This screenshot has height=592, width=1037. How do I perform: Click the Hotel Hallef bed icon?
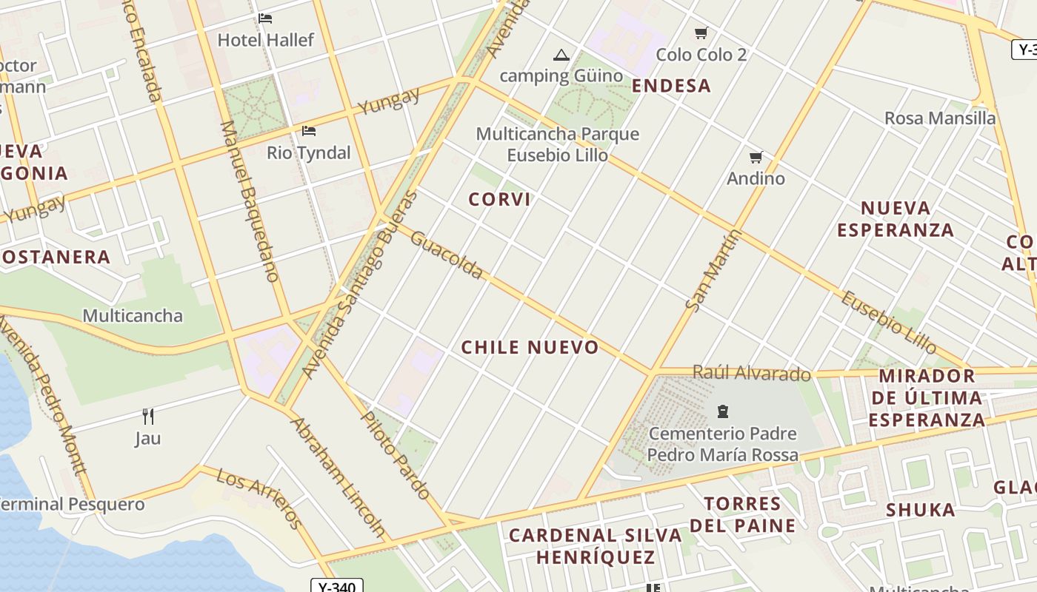(x=265, y=18)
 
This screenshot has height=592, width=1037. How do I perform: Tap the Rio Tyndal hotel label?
(x=309, y=152)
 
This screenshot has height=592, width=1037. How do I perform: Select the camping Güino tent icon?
(x=561, y=54)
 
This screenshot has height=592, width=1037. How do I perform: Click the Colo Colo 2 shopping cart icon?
(x=701, y=33)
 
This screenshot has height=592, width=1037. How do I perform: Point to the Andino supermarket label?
(x=756, y=178)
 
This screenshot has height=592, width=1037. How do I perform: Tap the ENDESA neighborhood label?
(x=671, y=86)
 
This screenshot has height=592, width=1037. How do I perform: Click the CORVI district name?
(x=499, y=199)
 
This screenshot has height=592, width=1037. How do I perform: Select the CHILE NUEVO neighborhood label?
(x=530, y=347)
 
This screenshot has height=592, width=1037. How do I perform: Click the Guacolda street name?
(x=447, y=255)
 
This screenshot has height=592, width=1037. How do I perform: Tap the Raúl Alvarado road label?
(x=751, y=372)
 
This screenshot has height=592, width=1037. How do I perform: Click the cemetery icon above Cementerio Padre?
(x=723, y=411)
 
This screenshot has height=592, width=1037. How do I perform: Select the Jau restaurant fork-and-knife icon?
(x=148, y=416)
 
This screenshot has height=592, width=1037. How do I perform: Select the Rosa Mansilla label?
(x=940, y=118)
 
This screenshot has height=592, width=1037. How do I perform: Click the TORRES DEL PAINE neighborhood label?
(x=742, y=515)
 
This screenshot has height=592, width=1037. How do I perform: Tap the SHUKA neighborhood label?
(x=921, y=509)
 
